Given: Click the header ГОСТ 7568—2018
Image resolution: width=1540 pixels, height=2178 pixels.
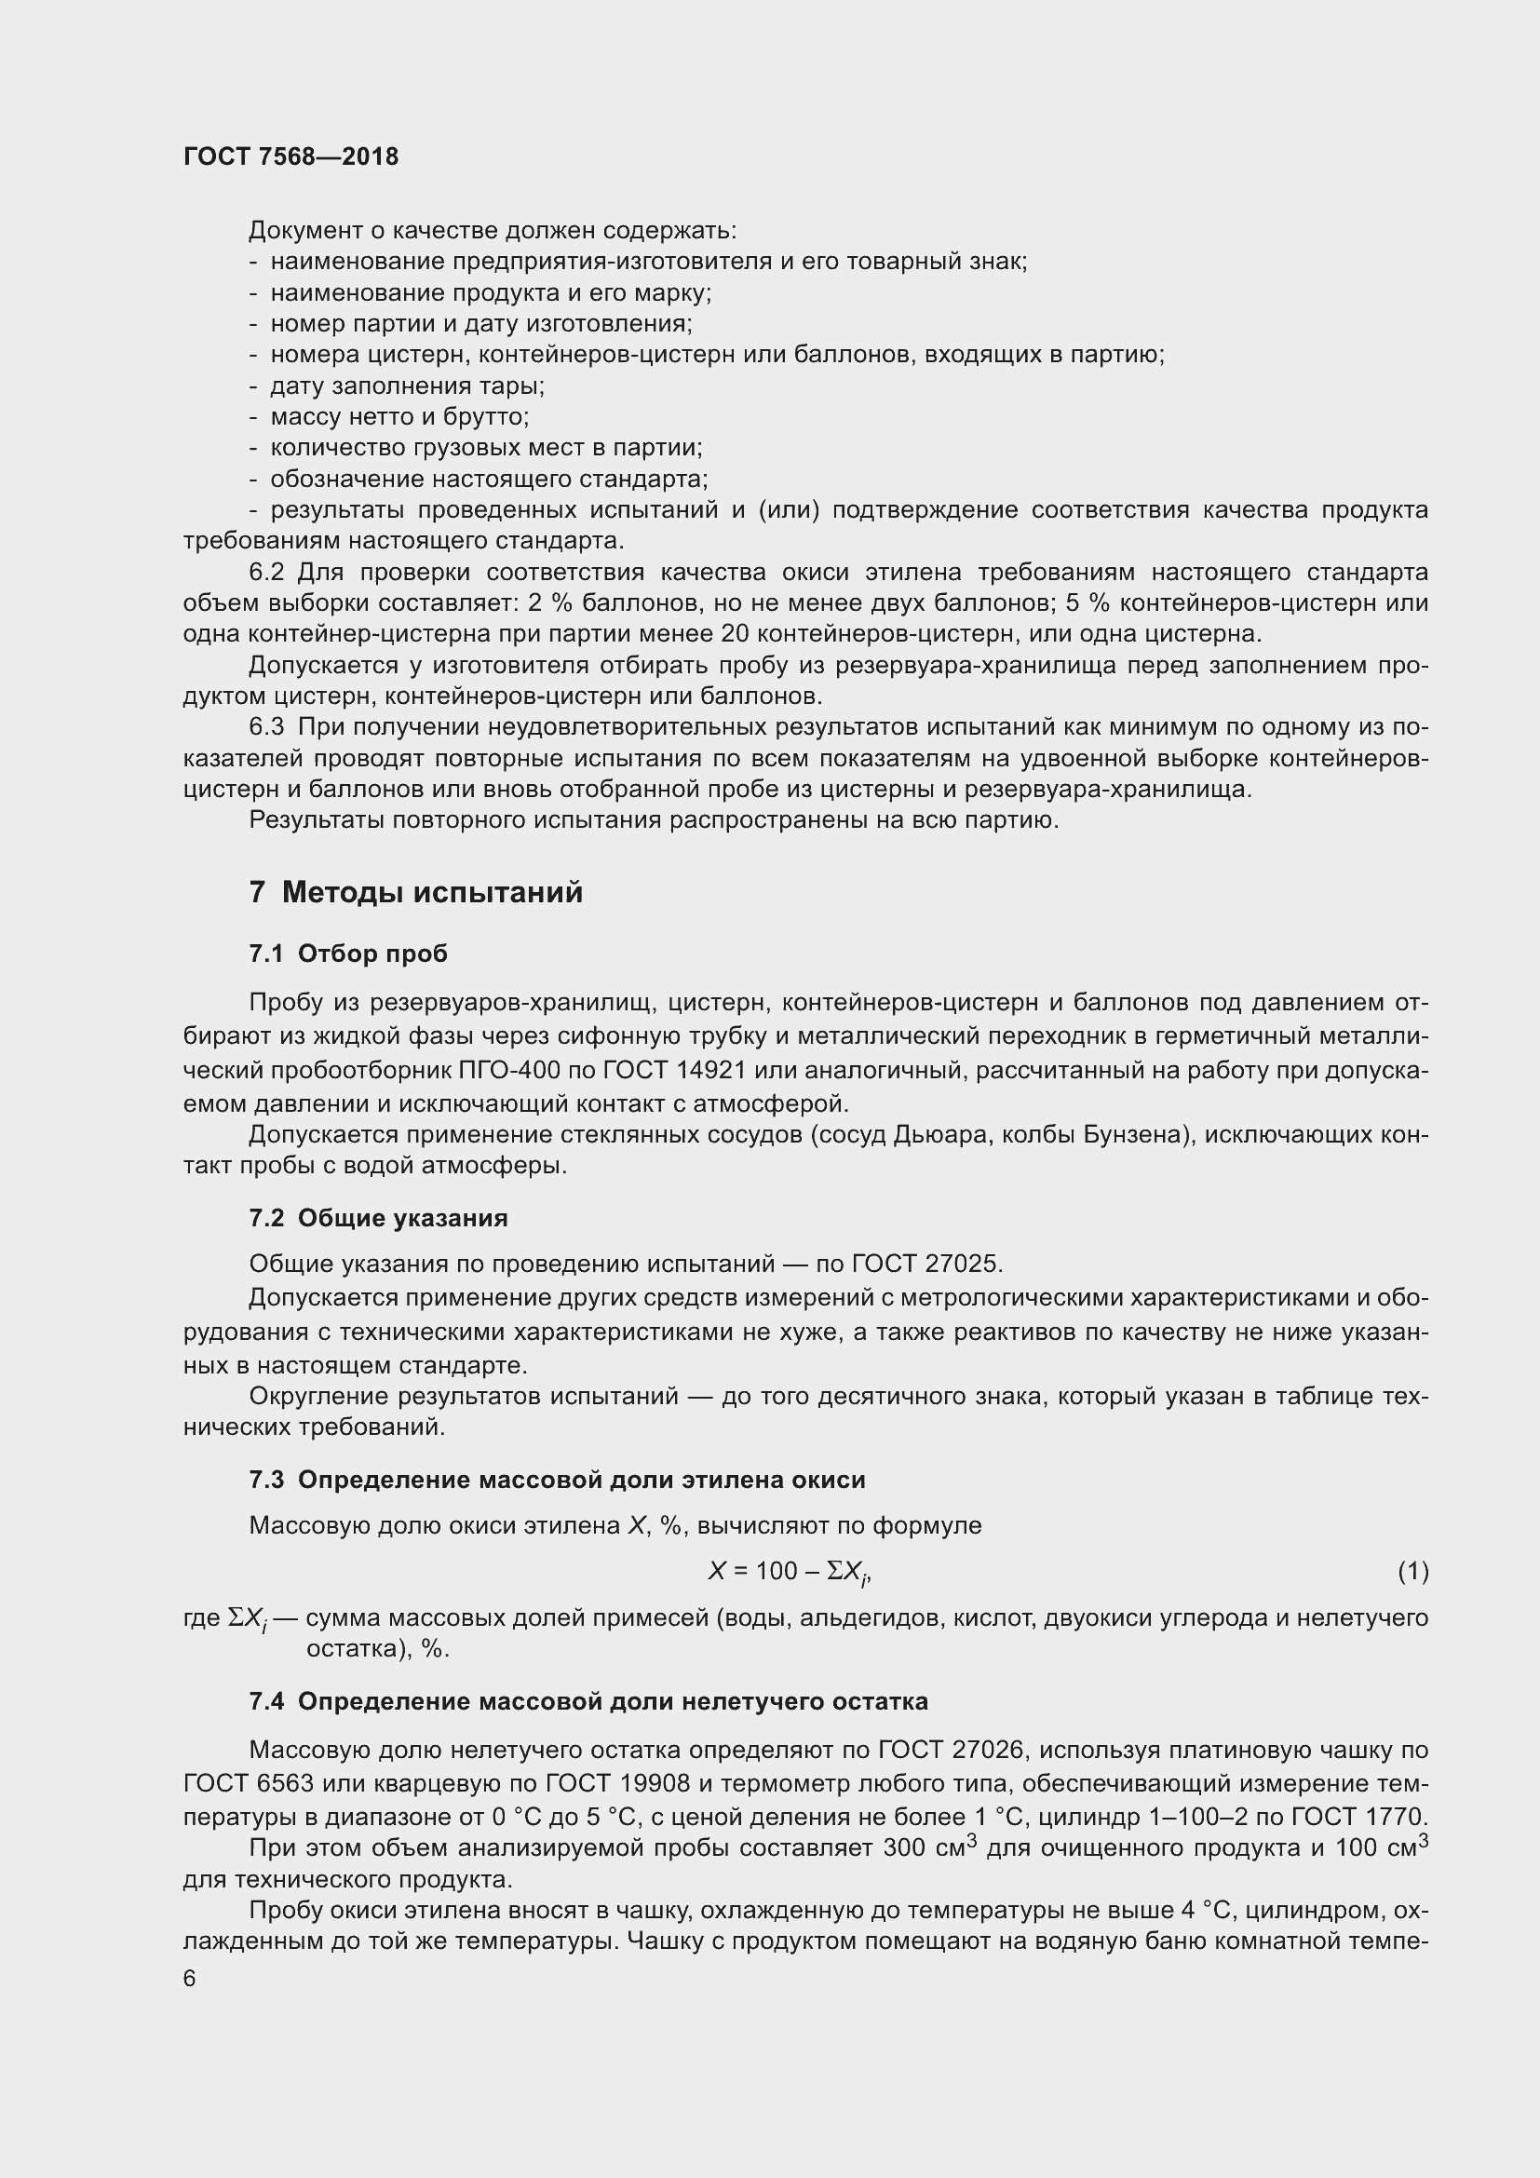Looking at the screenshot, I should click(x=291, y=156).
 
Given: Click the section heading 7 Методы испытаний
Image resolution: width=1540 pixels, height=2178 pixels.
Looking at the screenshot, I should click(x=415, y=893).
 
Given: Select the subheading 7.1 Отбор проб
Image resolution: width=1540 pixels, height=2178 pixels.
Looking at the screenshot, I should click(x=348, y=954).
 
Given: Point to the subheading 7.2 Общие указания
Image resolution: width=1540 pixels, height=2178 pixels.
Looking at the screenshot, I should click(x=378, y=1218).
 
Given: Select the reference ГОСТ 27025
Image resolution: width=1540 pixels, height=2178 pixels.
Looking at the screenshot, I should click(x=926, y=1264).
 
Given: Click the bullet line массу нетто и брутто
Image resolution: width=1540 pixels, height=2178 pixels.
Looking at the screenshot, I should click(x=399, y=416).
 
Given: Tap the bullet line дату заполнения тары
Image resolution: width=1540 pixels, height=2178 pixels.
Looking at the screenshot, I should click(x=407, y=386).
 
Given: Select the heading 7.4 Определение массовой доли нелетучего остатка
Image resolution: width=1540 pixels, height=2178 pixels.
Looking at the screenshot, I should click(x=588, y=1702).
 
